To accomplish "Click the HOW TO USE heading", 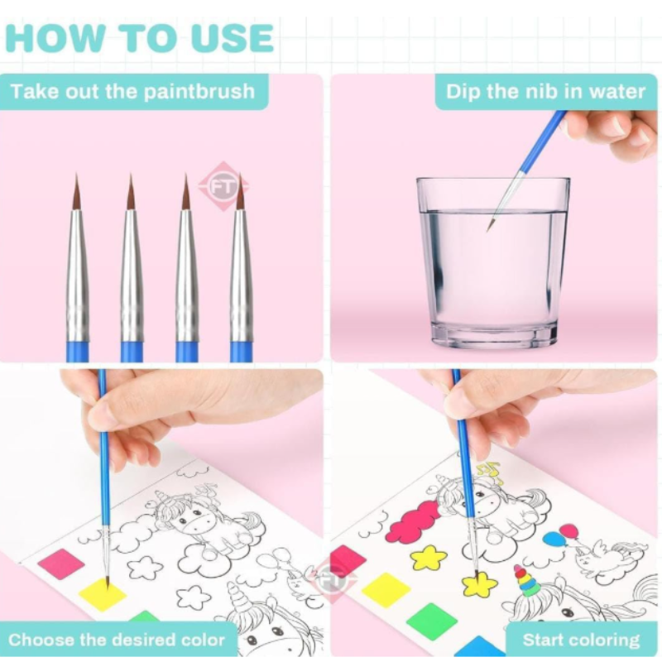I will [139, 38].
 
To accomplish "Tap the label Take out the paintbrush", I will [132, 91].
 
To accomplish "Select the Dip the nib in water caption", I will [545, 91].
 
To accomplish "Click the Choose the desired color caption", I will [117, 639].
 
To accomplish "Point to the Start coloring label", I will [581, 640].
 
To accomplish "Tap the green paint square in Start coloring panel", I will [431, 620].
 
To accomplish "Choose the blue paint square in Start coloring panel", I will [480, 646].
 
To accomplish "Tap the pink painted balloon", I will [568, 531].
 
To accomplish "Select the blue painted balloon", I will [553, 540].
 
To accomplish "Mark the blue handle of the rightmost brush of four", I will [241, 351].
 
